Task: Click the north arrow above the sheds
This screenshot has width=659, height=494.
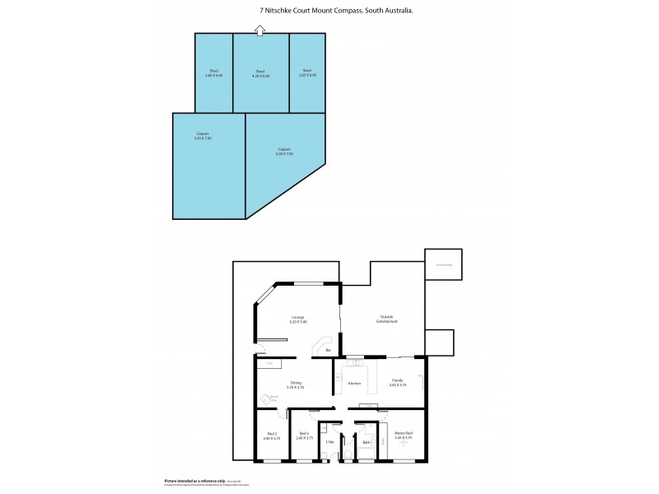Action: (260, 30)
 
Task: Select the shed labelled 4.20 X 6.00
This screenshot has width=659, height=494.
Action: (260, 73)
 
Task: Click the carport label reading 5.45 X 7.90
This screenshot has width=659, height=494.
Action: (203, 136)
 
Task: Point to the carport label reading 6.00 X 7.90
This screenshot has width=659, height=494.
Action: (284, 151)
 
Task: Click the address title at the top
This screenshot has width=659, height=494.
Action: (329, 10)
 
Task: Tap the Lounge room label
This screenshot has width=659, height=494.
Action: (297, 319)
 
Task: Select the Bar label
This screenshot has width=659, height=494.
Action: (328, 352)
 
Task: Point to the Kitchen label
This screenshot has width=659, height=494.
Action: (354, 384)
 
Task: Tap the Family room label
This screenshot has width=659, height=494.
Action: (398, 383)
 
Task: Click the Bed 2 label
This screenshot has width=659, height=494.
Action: (272, 436)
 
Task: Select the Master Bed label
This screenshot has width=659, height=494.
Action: (403, 436)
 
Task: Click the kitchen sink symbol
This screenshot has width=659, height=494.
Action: (353, 362)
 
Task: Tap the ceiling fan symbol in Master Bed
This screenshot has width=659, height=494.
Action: (403, 445)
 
